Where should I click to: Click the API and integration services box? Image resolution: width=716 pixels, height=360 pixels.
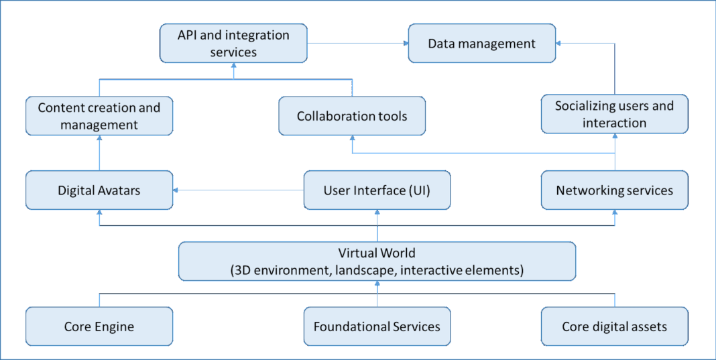[x=233, y=44]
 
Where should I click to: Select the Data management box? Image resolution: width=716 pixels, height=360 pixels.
[x=481, y=44]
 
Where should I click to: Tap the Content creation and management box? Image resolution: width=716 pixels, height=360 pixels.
[x=99, y=116]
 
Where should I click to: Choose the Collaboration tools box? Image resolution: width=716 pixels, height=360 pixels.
[x=352, y=116]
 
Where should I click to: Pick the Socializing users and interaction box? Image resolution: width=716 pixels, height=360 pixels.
[x=614, y=114]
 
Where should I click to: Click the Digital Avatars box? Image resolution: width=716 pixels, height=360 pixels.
[x=99, y=190]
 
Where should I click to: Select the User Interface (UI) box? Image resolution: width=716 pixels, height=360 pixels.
[x=377, y=190]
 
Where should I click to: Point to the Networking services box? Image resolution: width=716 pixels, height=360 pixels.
[x=614, y=190]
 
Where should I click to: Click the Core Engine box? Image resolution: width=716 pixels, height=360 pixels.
[x=99, y=326]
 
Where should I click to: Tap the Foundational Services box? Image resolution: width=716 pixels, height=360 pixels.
[x=377, y=326]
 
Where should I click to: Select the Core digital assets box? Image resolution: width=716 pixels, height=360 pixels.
[x=614, y=326]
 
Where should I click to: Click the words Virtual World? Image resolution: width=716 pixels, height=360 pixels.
[x=377, y=253]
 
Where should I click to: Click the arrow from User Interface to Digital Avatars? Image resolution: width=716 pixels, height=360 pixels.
[x=238, y=190]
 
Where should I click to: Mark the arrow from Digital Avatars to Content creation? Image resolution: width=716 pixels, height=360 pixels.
[x=99, y=152]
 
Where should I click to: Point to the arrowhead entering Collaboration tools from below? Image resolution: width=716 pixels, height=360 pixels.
[x=352, y=139]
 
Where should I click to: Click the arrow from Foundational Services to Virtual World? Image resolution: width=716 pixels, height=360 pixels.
[x=377, y=294]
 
